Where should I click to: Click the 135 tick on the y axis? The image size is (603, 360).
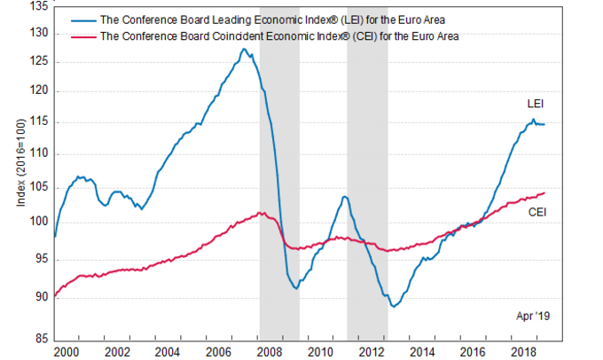tap(40, 6)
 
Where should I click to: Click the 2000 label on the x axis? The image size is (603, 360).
tap(78, 351)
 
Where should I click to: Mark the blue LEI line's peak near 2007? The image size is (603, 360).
tap(244, 49)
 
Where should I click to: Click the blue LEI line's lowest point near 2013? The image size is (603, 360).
tap(393, 306)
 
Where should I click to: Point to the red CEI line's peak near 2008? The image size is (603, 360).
tap(259, 212)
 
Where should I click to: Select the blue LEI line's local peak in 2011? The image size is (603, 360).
tap(344, 196)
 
